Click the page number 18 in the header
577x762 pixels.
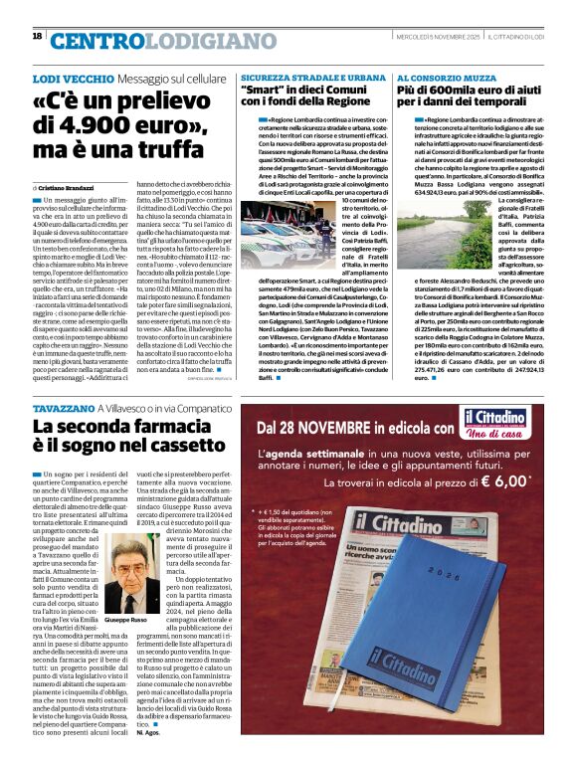(37, 37)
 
